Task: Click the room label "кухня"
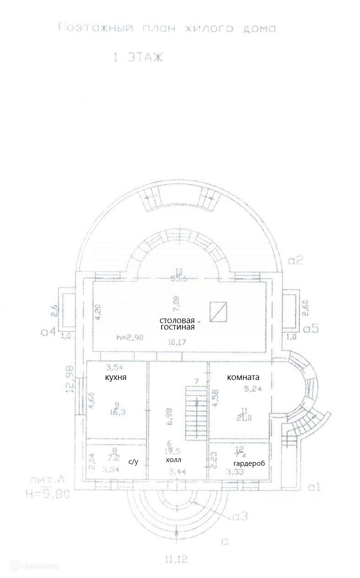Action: tap(116, 377)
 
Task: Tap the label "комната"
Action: tap(243, 377)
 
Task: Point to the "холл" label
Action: tap(174, 459)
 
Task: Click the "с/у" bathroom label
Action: tap(133, 462)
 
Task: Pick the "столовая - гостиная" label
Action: tap(177, 324)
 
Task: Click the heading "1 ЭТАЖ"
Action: tap(138, 58)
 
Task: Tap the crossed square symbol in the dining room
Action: tap(218, 312)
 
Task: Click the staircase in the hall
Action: tap(196, 413)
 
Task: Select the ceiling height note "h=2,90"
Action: tap(129, 338)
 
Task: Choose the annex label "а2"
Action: tap(296, 261)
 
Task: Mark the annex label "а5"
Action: tap(311, 329)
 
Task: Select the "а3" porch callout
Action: tap(240, 517)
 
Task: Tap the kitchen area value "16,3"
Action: tap(118, 412)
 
